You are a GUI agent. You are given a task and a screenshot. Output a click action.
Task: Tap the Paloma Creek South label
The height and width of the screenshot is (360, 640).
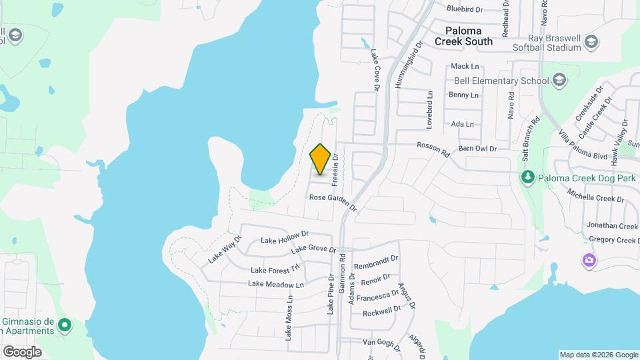click(464, 36)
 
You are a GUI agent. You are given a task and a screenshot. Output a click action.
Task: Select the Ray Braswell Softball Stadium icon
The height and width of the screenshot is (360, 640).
click(591, 43)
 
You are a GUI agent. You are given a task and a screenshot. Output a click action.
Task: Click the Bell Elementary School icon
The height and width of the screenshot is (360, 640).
click(559, 81)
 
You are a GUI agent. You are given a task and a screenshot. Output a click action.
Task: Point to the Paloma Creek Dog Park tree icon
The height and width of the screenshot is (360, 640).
click(527, 176)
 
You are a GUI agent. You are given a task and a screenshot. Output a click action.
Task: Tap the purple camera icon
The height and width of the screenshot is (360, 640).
click(589, 260)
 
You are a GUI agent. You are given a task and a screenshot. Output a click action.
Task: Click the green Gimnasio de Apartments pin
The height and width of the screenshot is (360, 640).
click(65, 326)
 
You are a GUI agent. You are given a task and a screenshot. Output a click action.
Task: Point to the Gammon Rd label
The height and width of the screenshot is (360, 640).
click(342, 267)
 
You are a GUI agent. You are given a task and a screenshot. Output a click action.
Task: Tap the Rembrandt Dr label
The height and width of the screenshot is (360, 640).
click(376, 261)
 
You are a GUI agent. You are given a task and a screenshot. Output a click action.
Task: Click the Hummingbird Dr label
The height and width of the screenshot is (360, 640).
click(409, 66)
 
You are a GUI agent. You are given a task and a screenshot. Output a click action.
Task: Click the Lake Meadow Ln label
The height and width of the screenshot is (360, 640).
click(275, 284)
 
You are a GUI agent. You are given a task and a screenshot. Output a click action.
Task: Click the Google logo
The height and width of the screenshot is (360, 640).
click(22, 351)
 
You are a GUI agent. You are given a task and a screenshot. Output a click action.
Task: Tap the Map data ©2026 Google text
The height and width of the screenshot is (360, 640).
click(598, 355)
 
